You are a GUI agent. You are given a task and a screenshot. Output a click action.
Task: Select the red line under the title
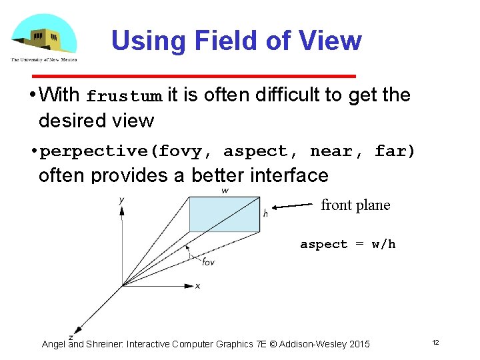point(233,76)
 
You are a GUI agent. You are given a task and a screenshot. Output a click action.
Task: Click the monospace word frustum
point(124,97)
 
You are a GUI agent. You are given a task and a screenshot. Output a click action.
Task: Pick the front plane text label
point(355,205)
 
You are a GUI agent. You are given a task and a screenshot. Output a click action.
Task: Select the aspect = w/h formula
point(347,244)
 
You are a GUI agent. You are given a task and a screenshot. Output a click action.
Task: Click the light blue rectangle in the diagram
point(224,214)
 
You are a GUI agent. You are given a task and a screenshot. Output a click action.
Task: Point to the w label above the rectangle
point(225,191)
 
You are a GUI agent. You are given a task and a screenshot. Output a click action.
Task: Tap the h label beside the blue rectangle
point(265,213)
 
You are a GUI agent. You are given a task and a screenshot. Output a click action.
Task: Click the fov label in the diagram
point(209,261)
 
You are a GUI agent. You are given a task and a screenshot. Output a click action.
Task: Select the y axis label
point(121,199)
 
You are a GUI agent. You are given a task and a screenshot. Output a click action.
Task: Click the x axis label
point(197,286)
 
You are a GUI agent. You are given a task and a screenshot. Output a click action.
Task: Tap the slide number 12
point(435,342)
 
